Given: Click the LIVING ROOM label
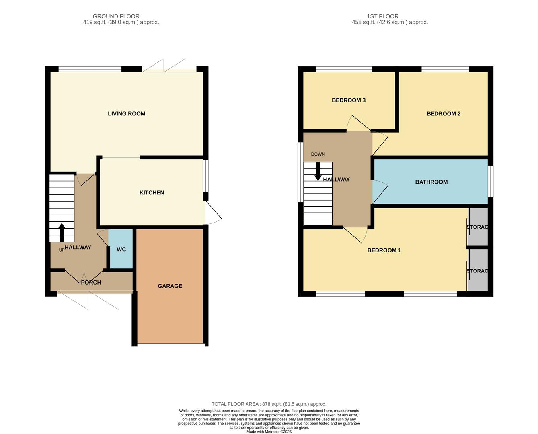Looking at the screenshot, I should pyautogui.click(x=126, y=114).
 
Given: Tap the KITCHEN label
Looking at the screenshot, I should pyautogui.click(x=152, y=193).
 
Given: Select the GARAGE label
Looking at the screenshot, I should pyautogui.click(x=170, y=286).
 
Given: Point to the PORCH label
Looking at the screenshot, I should pyautogui.click(x=91, y=283).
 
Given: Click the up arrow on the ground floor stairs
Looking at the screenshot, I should pyautogui.click(x=62, y=232).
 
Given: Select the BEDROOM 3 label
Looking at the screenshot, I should pyautogui.click(x=348, y=100).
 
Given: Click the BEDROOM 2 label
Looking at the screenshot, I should pyautogui.click(x=444, y=114).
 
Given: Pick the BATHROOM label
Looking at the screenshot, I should pyautogui.click(x=431, y=182).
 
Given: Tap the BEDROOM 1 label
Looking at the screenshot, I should pyautogui.click(x=384, y=250).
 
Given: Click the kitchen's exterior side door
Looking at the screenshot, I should pyautogui.click(x=213, y=213).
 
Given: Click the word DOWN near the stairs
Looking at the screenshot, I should pyautogui.click(x=318, y=154).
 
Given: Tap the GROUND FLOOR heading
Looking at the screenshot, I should pyautogui.click(x=116, y=16).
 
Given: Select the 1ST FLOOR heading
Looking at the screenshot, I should pyautogui.click(x=382, y=16).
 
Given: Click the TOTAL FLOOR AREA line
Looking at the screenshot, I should pyautogui.click(x=269, y=404).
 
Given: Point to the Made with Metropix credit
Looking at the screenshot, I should pyautogui.click(x=269, y=432).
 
